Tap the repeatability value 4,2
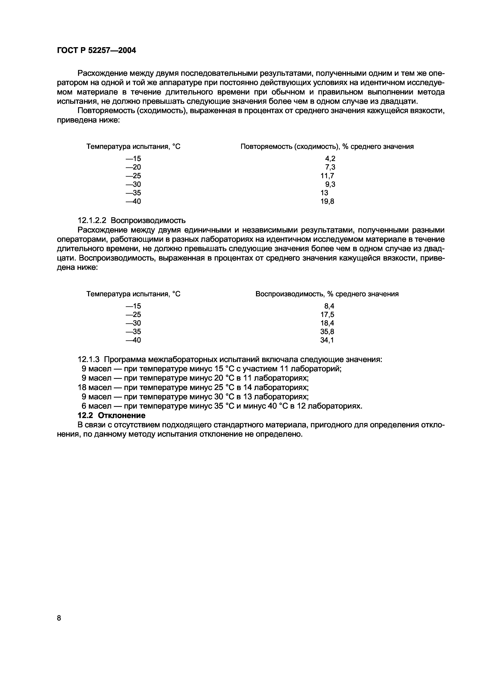point(330,158)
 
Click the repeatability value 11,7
point(327,176)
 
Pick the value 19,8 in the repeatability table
point(327,201)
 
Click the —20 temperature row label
point(133,167)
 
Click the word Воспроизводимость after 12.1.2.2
point(148,220)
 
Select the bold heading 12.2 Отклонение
point(111,416)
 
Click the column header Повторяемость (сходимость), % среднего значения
point(327,147)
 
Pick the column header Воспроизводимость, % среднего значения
point(327,294)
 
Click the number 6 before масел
point(84,406)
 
